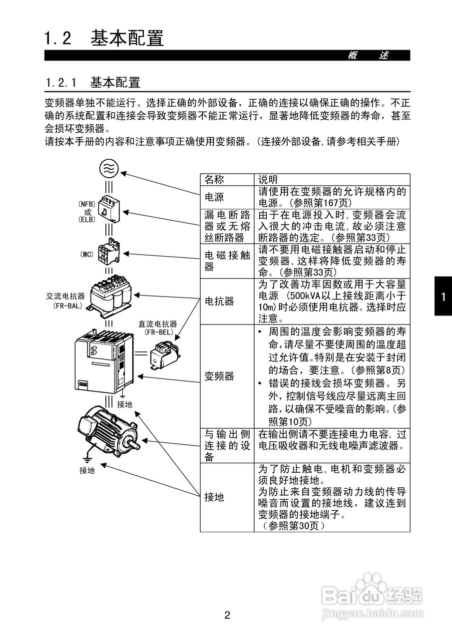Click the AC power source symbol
[109, 168]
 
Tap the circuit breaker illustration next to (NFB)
[109, 209]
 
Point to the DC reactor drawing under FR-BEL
[165, 354]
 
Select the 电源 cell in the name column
[215, 197]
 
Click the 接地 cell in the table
[215, 497]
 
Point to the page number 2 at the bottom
[227, 615]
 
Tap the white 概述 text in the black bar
[368, 55]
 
